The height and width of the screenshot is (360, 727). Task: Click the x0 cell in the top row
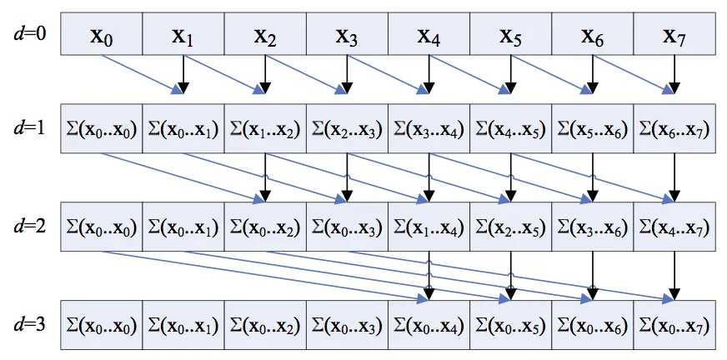102,34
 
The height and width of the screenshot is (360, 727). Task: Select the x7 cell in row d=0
674,34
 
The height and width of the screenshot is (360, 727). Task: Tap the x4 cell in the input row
429,34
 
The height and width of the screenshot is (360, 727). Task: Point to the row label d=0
29,34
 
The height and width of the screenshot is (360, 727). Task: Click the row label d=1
29,127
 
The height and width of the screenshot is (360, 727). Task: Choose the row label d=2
29,227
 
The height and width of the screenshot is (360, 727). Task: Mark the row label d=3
29,325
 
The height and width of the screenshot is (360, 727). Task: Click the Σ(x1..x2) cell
265,129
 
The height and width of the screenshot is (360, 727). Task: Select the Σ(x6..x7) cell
674,129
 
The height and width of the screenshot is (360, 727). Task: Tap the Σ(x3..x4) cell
429,129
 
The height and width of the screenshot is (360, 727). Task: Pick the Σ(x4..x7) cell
674,227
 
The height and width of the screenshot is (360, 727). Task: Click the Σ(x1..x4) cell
429,227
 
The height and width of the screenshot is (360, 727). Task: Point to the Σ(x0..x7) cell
674,325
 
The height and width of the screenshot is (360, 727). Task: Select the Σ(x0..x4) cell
429,325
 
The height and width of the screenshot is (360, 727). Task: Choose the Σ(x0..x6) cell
593,325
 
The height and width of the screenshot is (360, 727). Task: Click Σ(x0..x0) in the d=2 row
102,227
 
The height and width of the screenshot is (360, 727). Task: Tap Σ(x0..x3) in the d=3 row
347,325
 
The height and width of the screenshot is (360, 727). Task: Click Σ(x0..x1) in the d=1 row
183,129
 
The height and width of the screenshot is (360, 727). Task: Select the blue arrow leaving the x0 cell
143,75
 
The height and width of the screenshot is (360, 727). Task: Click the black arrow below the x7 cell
674,75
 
